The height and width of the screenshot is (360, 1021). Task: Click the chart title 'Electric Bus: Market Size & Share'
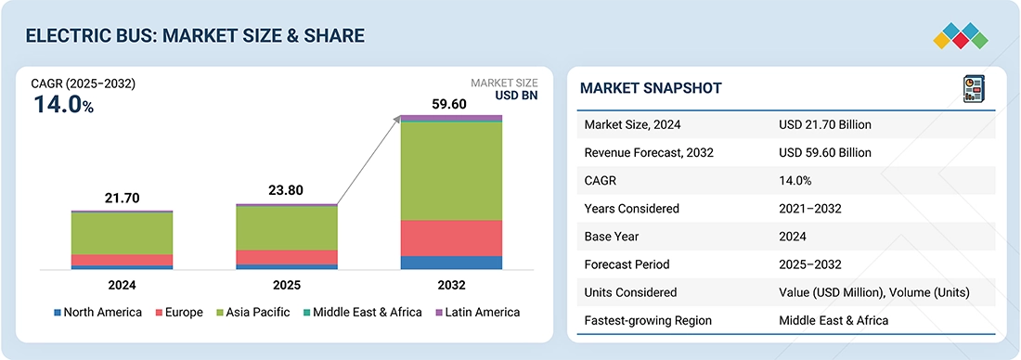(195, 36)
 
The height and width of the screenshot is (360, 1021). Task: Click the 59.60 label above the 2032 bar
(451, 104)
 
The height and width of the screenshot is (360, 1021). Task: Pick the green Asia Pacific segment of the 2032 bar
(451, 171)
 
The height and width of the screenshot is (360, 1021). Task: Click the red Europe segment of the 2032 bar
(451, 238)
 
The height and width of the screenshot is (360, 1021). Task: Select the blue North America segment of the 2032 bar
(451, 263)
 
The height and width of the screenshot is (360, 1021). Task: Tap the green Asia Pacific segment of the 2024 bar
(122, 233)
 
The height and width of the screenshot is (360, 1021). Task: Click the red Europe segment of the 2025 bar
(287, 257)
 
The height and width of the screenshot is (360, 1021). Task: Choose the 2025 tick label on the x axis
(287, 285)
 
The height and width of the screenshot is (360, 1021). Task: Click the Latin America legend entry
(477, 312)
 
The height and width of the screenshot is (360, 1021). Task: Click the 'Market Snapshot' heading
(651, 88)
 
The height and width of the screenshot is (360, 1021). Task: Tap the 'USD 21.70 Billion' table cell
(825, 124)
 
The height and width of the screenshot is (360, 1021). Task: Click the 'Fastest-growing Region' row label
(649, 320)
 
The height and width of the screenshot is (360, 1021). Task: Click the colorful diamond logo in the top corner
(961, 35)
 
